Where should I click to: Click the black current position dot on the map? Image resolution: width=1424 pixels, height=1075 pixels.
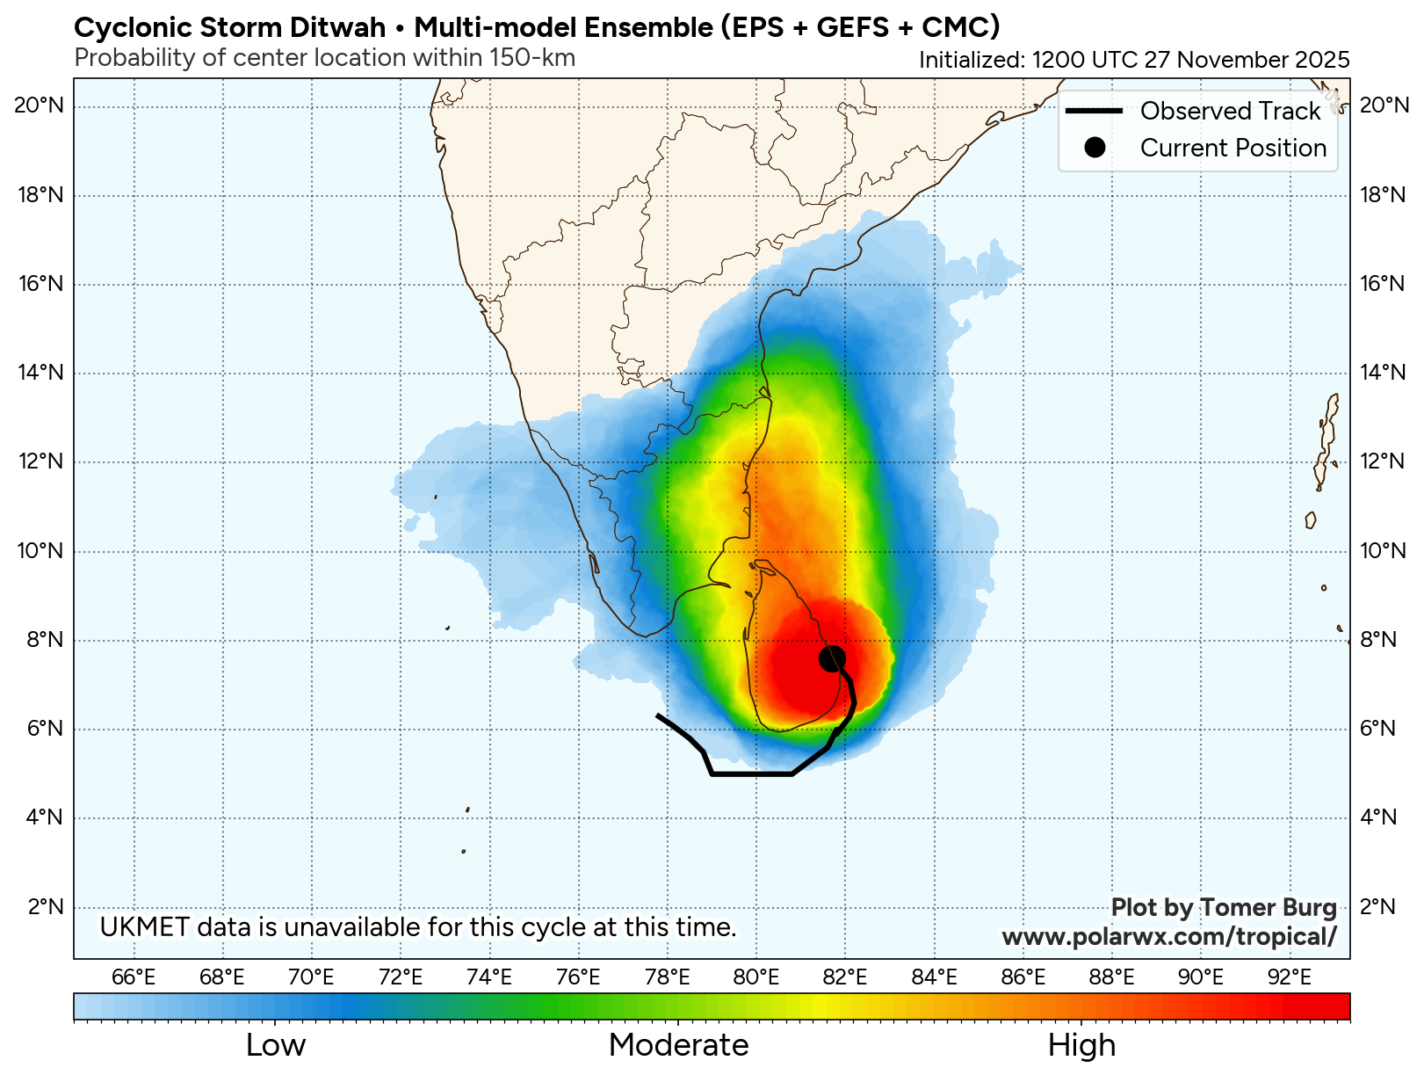coord(832,658)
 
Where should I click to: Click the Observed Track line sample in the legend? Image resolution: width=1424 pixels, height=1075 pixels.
coord(1094,111)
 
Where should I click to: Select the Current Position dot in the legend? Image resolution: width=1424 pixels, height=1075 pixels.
coord(1094,148)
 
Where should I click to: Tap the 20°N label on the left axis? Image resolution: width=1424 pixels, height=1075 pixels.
coord(40,106)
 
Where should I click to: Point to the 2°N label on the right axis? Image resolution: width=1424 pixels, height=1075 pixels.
coord(1377,906)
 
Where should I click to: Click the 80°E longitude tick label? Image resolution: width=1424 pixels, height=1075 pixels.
coord(756,977)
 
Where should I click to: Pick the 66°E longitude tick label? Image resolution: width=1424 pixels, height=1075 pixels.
coord(134,977)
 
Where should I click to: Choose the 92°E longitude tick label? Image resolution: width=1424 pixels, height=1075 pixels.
coord(1290,977)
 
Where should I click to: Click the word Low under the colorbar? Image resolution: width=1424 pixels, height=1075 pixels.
coord(275,1045)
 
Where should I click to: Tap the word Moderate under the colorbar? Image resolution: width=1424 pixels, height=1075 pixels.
coord(678,1045)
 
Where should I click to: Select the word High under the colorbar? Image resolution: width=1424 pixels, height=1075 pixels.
coord(1081,1045)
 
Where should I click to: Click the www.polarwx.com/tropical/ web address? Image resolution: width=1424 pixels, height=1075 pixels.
coord(1169,937)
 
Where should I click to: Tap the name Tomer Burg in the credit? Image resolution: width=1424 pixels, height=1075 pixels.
coord(1268,908)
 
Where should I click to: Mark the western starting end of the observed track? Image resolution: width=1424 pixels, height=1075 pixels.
coord(658,715)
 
